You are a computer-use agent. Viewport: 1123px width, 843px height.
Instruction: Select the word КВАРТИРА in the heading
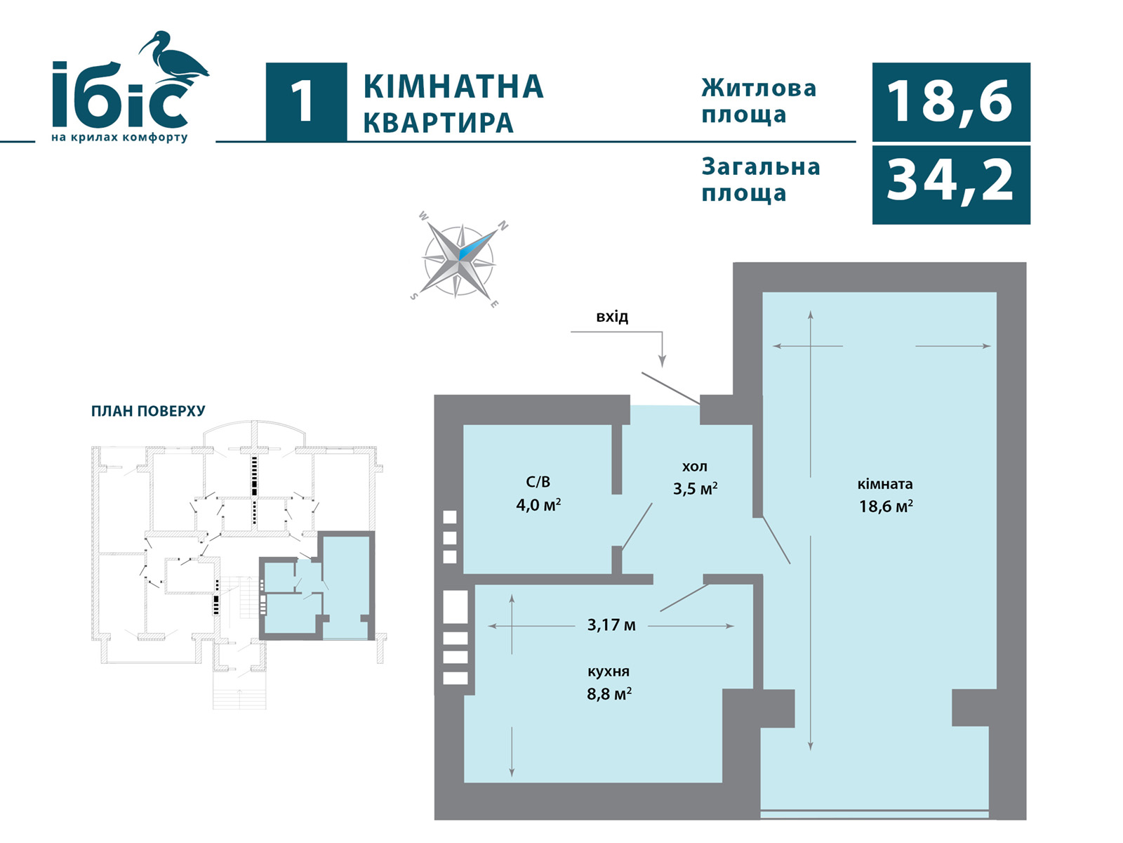[x=438, y=122]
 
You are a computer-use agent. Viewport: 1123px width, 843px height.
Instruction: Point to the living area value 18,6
[x=950, y=101]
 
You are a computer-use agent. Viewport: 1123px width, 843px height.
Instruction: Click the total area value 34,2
[x=950, y=181]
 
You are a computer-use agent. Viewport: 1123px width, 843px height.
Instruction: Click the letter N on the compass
[x=503, y=225]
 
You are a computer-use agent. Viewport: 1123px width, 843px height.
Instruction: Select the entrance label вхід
[x=612, y=317]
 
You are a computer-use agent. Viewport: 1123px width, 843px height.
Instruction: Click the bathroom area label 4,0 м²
[x=538, y=505]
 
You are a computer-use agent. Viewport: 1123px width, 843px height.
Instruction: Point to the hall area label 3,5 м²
[x=695, y=488]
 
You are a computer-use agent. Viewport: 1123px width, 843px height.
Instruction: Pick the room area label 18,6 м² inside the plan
[x=886, y=507]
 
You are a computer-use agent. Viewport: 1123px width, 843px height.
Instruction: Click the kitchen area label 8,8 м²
[x=609, y=694]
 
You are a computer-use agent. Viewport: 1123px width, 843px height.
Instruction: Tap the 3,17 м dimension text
[x=611, y=625]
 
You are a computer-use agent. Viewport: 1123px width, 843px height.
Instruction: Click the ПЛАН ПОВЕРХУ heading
[x=148, y=411]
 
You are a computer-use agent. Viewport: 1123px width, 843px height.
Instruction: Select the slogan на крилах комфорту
[x=119, y=138]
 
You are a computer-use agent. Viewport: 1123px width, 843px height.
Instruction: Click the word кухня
[x=609, y=671]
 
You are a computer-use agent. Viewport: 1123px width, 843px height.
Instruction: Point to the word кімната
[x=885, y=484]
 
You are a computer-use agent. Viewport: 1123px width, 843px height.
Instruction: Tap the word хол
[x=695, y=466]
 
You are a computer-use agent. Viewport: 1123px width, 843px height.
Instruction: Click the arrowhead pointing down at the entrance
[x=662, y=361]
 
